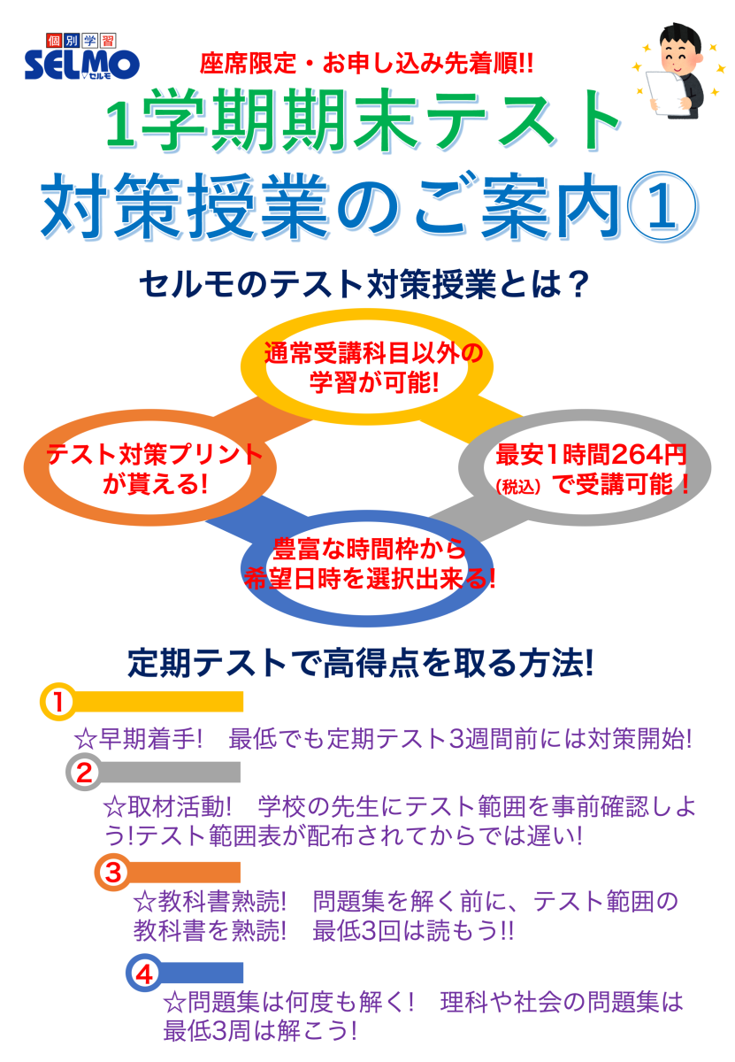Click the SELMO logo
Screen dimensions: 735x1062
[82, 56]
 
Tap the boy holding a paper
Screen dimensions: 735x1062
[678, 70]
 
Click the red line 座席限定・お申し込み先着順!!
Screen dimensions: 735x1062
[366, 64]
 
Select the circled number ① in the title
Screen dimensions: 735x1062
[662, 207]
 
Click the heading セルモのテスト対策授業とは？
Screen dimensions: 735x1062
[364, 285]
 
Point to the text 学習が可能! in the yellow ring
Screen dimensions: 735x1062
[374, 382]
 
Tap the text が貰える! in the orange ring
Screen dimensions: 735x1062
[155, 484]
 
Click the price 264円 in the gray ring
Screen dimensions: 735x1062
[648, 455]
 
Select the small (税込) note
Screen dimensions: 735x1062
[517, 487]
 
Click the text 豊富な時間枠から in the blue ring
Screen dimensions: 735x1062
[370, 549]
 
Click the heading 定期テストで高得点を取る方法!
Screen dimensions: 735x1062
[360, 662]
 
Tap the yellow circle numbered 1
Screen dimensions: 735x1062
[58, 702]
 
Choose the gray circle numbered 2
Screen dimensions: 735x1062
[84, 773]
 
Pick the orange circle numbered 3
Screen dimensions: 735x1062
[113, 872]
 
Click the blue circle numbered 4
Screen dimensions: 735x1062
[144, 973]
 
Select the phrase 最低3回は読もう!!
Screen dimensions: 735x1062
[413, 931]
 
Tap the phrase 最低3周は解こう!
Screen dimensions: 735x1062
[260, 1031]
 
